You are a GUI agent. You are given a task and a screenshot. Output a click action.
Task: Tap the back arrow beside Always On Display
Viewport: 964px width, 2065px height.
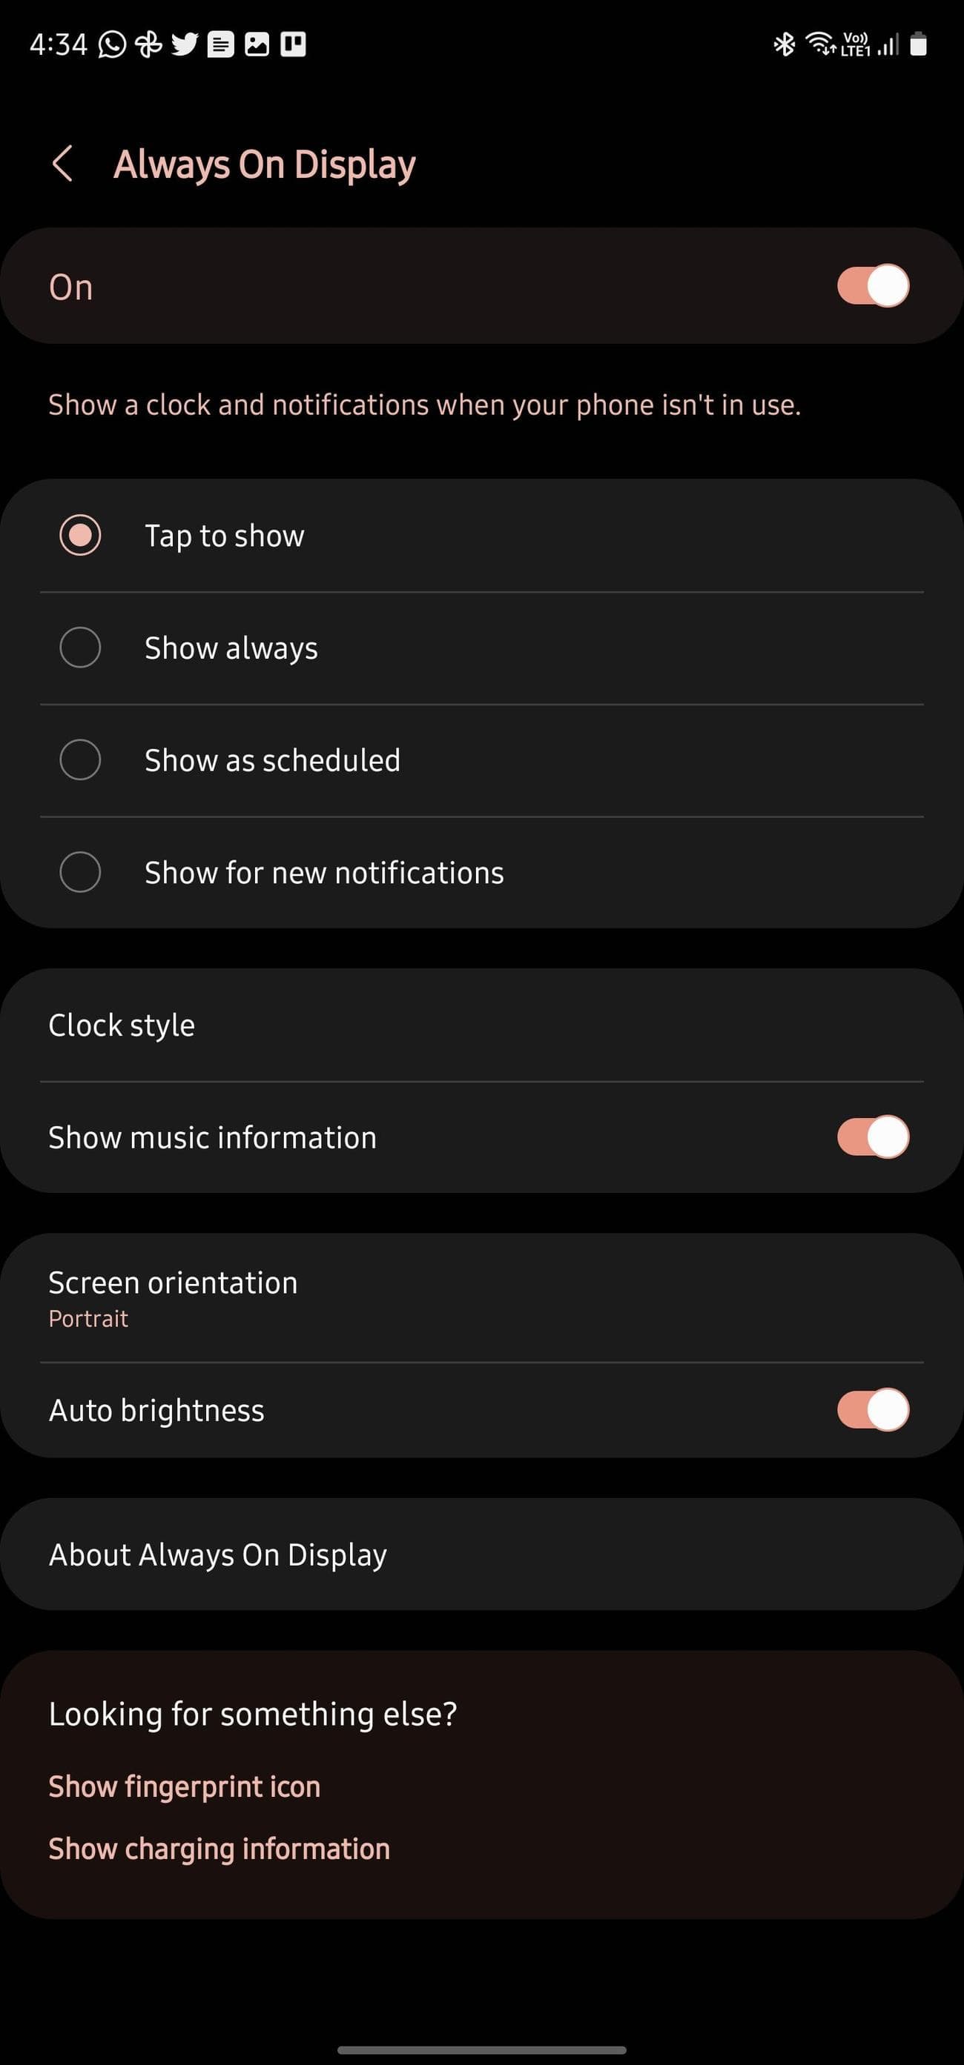[x=62, y=164]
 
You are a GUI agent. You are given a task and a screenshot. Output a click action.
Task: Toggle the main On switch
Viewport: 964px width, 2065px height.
[x=873, y=285]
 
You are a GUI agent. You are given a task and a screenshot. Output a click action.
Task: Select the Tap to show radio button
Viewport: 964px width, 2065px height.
[x=80, y=535]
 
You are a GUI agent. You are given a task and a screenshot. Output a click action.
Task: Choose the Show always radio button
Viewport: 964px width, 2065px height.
[x=80, y=647]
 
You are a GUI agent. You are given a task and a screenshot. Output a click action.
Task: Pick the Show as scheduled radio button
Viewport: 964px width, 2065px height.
[x=80, y=759]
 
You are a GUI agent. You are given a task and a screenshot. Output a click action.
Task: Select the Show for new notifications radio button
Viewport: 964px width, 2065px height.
[x=80, y=871]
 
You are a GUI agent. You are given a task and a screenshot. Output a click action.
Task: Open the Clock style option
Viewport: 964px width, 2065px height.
[x=122, y=1025]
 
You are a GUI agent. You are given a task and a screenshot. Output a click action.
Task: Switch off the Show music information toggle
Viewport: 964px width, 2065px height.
[x=873, y=1137]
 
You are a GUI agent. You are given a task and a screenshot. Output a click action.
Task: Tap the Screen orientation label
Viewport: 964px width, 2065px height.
[x=174, y=1283]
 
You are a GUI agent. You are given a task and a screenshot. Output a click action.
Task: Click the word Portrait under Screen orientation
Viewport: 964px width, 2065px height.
[x=88, y=1319]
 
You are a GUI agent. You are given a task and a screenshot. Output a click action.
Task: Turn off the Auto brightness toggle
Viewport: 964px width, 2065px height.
[x=873, y=1409]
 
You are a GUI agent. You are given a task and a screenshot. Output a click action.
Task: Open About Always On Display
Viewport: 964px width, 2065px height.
[x=218, y=1555]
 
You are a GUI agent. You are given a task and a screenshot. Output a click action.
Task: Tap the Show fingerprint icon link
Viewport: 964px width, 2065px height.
[x=185, y=1786]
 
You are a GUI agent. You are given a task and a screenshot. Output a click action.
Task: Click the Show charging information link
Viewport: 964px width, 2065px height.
[x=219, y=1849]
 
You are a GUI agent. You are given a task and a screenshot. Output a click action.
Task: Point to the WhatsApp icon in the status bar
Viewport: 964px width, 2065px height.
[x=112, y=44]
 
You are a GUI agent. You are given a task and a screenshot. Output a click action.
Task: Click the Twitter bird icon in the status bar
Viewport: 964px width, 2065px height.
[x=185, y=44]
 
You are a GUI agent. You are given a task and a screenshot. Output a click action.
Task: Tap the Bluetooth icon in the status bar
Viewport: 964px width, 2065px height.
[x=785, y=44]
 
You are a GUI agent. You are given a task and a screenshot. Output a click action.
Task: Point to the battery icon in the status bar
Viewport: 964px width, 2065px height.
[x=919, y=44]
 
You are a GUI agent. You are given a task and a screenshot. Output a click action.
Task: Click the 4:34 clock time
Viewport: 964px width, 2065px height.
[x=58, y=44]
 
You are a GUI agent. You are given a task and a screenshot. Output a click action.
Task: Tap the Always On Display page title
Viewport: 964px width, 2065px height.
[x=265, y=164]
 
